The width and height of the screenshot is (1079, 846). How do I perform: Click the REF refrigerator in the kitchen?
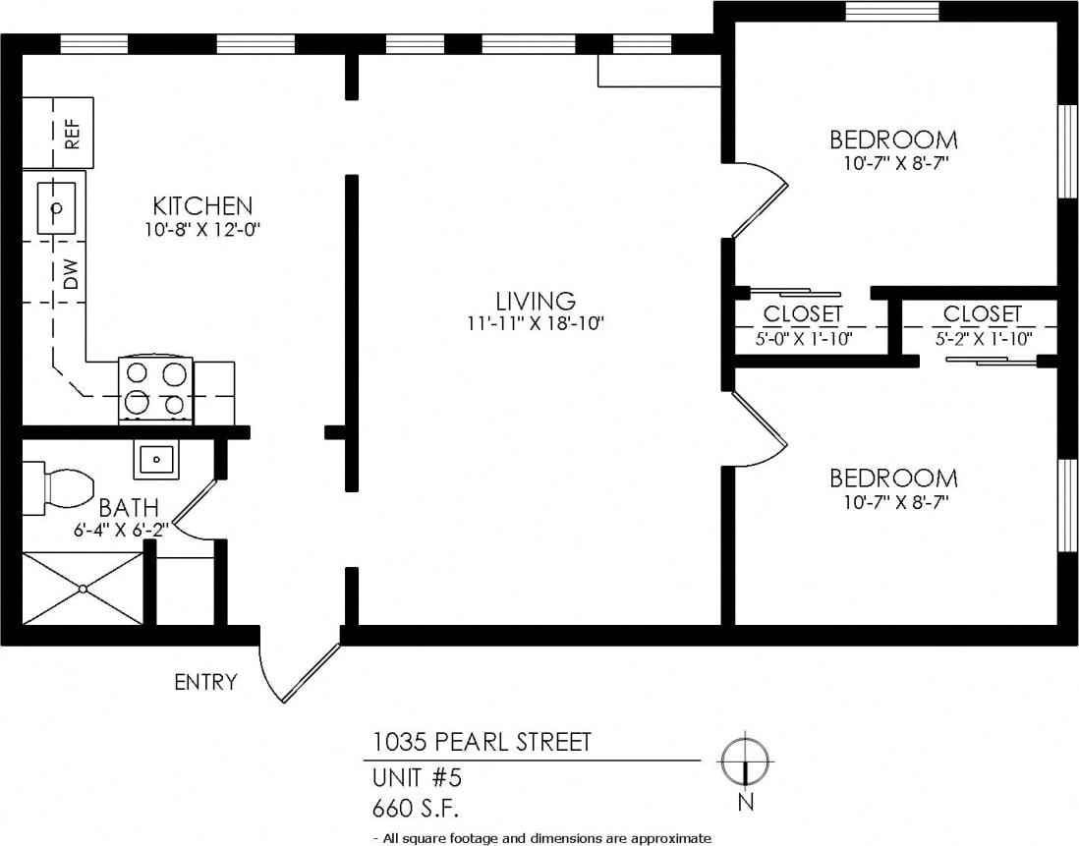point(58,133)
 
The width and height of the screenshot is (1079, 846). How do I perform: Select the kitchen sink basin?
point(57,208)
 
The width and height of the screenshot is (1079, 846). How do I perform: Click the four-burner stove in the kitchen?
point(155,389)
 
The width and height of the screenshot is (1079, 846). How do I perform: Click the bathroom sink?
point(155,458)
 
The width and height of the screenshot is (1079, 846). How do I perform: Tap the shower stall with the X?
point(83,588)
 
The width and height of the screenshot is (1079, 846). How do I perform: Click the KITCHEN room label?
point(202,206)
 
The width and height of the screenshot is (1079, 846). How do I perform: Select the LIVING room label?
point(535,301)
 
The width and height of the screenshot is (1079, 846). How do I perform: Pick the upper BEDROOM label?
point(893,140)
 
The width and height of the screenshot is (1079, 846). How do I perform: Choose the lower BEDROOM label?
point(893,479)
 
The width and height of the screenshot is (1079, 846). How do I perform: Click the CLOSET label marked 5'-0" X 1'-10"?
point(803,314)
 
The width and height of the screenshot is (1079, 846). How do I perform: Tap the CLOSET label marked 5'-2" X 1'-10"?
point(982,314)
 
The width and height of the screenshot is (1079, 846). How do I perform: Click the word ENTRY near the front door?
point(205,682)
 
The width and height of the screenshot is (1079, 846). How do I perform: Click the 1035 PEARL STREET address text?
point(482,742)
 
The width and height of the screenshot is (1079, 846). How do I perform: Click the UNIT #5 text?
point(417,777)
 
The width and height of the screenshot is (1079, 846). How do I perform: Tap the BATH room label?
point(129,508)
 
